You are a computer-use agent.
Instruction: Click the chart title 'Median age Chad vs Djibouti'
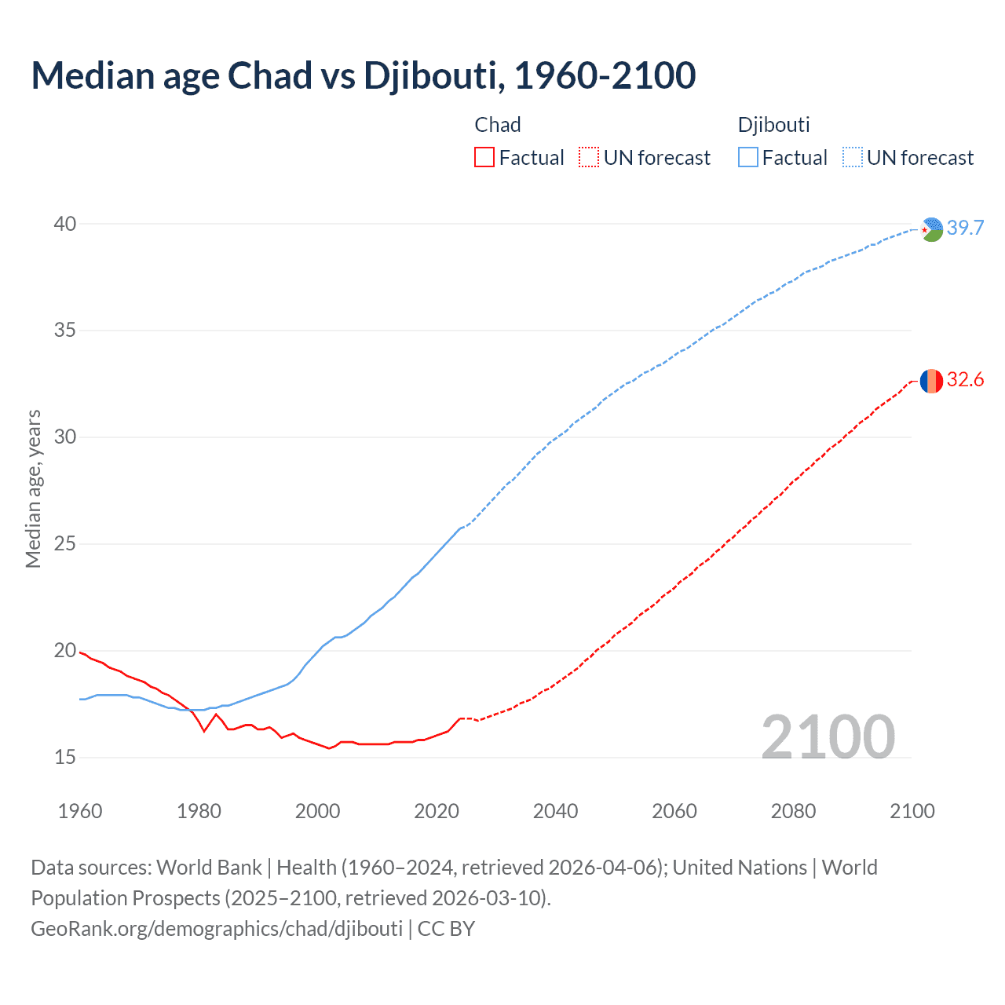click(x=363, y=75)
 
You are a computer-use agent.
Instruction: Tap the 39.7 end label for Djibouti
click(x=965, y=228)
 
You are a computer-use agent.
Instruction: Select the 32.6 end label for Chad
click(x=965, y=380)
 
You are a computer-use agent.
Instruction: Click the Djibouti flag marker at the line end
click(x=931, y=229)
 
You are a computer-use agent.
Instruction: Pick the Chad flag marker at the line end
click(x=931, y=381)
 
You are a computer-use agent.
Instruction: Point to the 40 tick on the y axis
click(x=64, y=224)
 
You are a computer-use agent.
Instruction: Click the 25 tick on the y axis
click(x=64, y=543)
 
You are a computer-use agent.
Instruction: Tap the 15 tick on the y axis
click(x=64, y=757)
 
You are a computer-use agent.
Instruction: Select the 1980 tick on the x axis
click(x=199, y=811)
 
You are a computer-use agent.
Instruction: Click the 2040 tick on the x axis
click(x=555, y=811)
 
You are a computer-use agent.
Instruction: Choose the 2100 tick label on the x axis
click(x=912, y=811)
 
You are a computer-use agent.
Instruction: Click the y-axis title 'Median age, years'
click(x=33, y=488)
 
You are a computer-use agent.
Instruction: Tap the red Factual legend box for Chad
click(x=484, y=158)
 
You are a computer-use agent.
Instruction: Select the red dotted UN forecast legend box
click(x=589, y=158)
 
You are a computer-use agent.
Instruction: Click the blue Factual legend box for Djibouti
click(x=747, y=158)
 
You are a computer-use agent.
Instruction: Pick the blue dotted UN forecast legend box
click(x=852, y=158)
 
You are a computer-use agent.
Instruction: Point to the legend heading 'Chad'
click(x=498, y=125)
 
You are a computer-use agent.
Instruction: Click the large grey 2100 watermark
click(x=828, y=736)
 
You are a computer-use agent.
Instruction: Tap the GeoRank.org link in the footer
click(x=217, y=928)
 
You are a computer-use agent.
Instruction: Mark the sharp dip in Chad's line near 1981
click(x=204, y=731)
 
